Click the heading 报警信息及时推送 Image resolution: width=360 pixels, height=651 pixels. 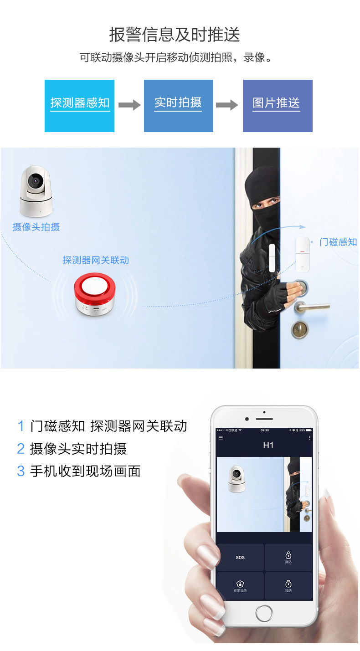(175, 35)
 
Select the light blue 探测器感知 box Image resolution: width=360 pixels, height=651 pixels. (80, 106)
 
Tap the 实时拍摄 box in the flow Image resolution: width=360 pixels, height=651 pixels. (178, 106)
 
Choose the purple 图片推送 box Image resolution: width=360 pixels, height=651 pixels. (277, 106)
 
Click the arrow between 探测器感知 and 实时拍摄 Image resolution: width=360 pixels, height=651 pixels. (129, 105)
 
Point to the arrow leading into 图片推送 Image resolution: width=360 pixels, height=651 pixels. (227, 105)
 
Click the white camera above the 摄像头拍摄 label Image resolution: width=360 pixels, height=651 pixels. (35, 191)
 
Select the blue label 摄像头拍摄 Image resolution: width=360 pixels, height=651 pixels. (36, 227)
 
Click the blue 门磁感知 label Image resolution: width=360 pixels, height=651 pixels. (338, 242)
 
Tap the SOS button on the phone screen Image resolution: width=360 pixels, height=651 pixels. (240, 557)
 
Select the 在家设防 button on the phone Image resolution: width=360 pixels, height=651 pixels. (240, 586)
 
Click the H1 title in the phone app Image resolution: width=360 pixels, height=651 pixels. (268, 445)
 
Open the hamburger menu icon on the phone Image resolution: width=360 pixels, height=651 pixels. (221, 438)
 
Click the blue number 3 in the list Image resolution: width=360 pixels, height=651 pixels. (21, 471)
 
